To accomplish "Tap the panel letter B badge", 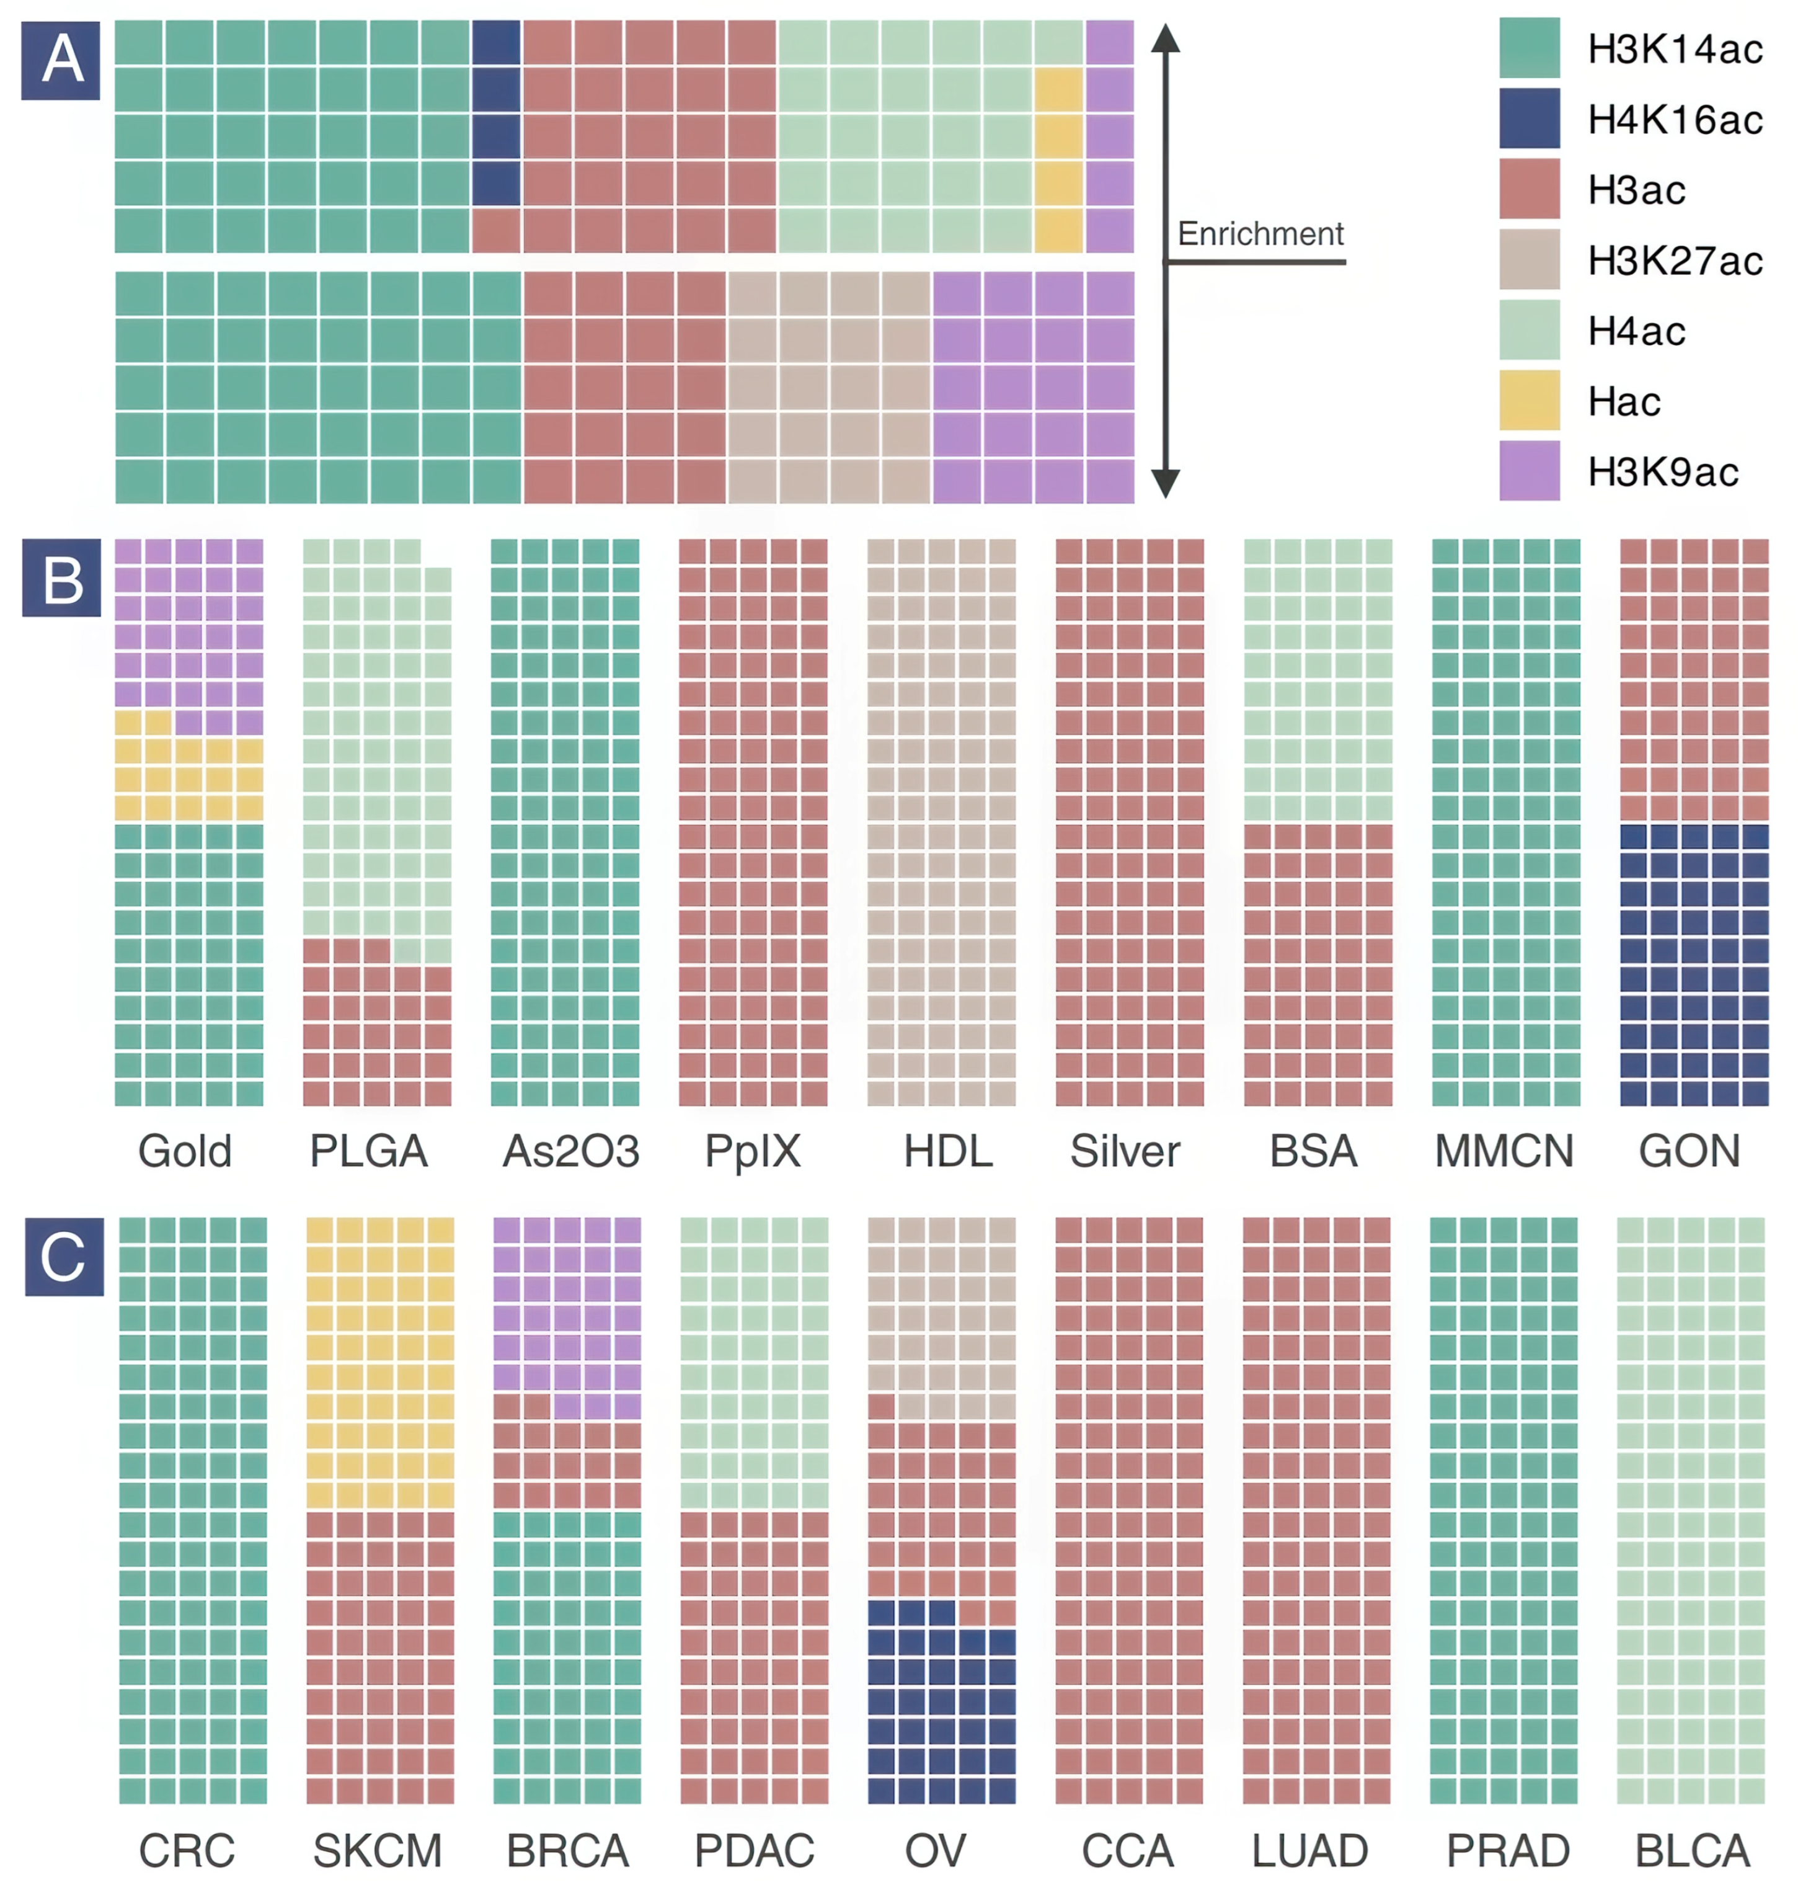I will point(61,577).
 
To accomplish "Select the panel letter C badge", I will point(64,1256).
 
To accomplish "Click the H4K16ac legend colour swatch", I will point(1529,118).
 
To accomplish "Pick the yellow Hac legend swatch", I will point(1529,400).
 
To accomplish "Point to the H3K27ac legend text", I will point(1675,260).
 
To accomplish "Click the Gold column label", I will point(185,1151).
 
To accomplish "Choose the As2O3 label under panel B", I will point(570,1151).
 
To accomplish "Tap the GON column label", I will point(1689,1151).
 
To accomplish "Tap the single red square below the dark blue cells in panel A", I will point(495,230).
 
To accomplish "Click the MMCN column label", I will point(1503,1151).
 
